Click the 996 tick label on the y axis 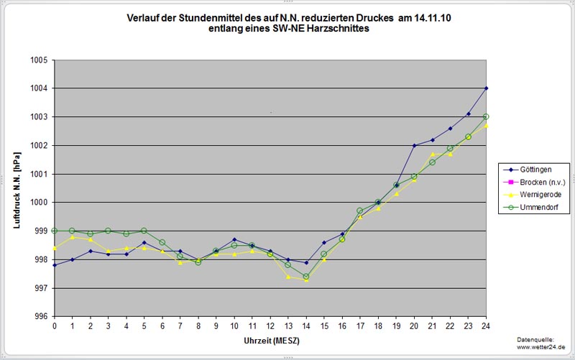click(39, 317)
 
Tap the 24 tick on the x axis click(487, 326)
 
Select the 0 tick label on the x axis click(55, 326)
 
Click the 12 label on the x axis click(270, 326)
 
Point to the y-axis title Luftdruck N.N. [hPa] click(16, 188)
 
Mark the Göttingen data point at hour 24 click(487, 88)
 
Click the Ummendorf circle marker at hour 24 click(487, 116)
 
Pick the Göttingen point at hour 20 click(415, 145)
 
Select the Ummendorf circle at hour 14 click(307, 277)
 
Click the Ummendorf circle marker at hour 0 click(55, 231)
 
